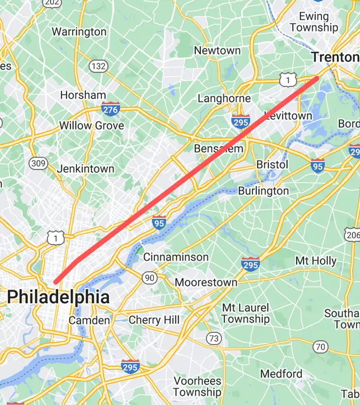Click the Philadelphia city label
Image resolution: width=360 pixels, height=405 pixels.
[x=58, y=297]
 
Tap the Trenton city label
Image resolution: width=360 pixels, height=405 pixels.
[x=335, y=57]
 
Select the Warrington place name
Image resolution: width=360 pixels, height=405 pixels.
[x=79, y=32]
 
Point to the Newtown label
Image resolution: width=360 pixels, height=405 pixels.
[x=218, y=51]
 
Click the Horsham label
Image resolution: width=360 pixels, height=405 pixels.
[x=83, y=95]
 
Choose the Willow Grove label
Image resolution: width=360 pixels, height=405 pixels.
[x=92, y=126]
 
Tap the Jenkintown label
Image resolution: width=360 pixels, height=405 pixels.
[x=85, y=169]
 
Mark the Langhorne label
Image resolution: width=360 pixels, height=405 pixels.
[x=224, y=99]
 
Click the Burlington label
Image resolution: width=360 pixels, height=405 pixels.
[x=263, y=191]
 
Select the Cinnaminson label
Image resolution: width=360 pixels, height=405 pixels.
[x=176, y=257]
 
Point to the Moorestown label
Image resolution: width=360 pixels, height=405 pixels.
[x=206, y=283]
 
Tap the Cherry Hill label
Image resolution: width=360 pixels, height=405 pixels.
[x=154, y=320]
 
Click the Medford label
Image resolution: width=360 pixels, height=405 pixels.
[x=281, y=373]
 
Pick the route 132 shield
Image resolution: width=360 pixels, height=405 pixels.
[x=98, y=67]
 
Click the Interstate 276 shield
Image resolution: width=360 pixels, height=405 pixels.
[x=110, y=109]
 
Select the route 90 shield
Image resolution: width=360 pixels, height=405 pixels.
[x=149, y=278]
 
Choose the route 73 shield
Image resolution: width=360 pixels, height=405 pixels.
[x=214, y=338]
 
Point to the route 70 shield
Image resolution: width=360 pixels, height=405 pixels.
[x=320, y=346]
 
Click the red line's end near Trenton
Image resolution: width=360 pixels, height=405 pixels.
[x=317, y=79]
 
